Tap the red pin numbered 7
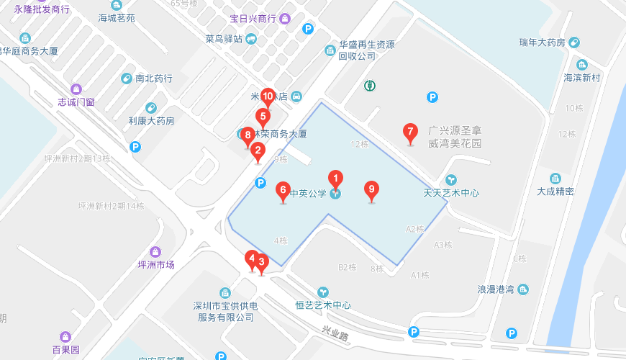tap(410, 132)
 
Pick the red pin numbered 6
tap(283, 191)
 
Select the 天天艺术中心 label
tap(451, 193)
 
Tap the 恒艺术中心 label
tap(323, 305)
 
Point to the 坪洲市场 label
tap(156, 264)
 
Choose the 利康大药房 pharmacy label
tap(151, 120)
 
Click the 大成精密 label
tap(555, 191)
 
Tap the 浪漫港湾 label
tap(496, 289)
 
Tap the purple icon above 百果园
tap(66, 336)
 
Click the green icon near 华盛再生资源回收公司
tap(370, 86)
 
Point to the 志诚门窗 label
tap(76, 102)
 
